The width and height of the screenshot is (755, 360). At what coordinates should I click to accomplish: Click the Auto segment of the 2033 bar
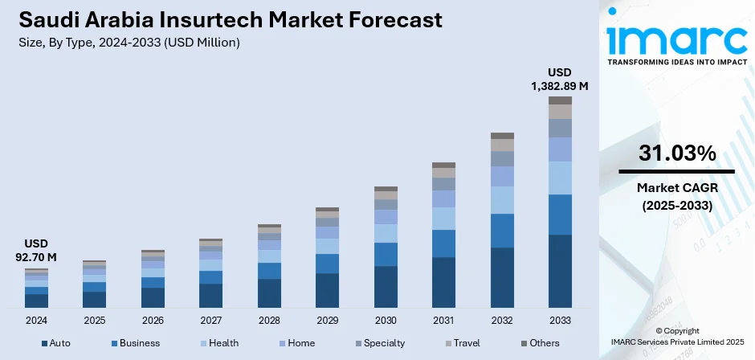tap(560, 271)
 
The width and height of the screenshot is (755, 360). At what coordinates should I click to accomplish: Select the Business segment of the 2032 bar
tap(502, 231)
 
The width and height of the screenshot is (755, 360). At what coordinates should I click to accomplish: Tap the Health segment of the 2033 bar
tap(560, 178)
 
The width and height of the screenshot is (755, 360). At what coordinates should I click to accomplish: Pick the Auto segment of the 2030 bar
tap(386, 287)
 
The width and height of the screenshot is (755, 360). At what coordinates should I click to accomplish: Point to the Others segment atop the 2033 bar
tap(560, 100)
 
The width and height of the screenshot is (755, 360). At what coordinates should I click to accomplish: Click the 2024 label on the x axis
tap(36, 320)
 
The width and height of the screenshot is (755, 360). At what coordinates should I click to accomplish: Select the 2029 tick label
tap(327, 320)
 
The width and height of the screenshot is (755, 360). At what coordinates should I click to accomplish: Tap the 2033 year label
tap(560, 320)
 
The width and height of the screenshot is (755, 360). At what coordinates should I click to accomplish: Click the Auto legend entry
tap(55, 343)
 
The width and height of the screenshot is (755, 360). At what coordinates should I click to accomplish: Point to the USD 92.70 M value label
tap(36, 250)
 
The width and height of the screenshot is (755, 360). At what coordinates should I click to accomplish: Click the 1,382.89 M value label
tap(561, 84)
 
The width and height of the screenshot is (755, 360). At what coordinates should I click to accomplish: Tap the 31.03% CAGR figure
tap(676, 153)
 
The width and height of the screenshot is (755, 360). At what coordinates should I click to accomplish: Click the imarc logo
tap(676, 39)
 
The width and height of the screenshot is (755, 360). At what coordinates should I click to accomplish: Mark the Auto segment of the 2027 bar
tap(210, 296)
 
